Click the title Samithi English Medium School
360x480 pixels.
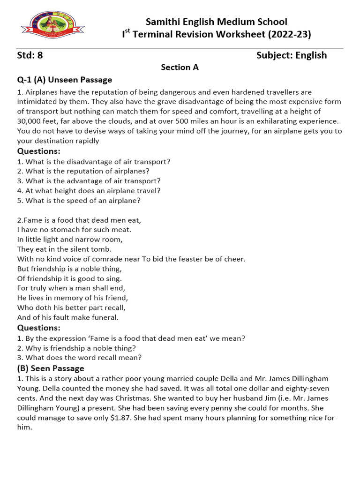coord(216,22)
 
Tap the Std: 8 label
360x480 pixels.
coord(30,55)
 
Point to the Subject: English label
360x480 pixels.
coord(291,55)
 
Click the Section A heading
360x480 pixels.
coord(180,67)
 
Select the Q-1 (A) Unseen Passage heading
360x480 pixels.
coord(65,80)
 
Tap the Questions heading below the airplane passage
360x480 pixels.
coord(39,151)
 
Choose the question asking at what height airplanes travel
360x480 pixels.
coord(89,191)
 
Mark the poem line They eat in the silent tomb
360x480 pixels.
coord(64,249)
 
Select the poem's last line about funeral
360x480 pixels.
coord(68,318)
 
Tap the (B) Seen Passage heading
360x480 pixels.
coord(51,368)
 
